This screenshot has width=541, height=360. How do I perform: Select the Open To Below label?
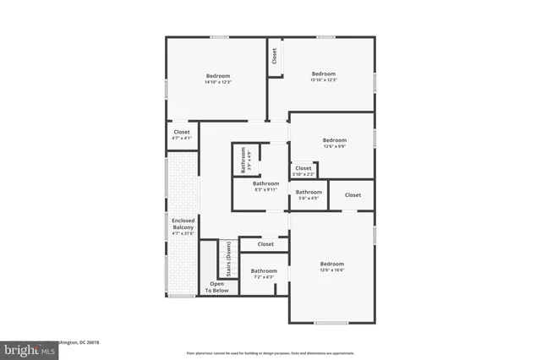tap(217, 287)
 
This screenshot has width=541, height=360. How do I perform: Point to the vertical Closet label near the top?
tap(275, 55)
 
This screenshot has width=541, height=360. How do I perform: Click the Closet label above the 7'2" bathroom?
tap(265, 244)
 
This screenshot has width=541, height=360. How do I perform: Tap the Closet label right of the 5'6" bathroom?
tap(352, 195)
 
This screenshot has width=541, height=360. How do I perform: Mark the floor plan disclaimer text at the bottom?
tap(270, 352)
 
